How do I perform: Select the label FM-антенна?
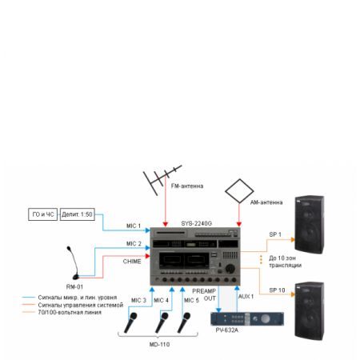[x=188, y=186]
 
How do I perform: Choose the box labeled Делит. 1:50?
[x=78, y=214]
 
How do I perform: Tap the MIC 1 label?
[x=133, y=226]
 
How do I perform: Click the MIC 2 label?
[x=133, y=243]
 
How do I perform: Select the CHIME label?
[x=132, y=261]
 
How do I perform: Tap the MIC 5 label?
[x=191, y=300]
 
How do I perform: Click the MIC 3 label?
[x=138, y=300]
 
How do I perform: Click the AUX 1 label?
[x=246, y=296]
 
